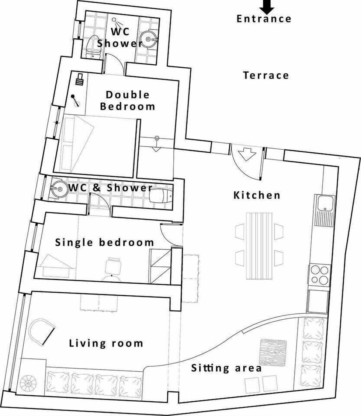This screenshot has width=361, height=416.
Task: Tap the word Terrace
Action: pos(266,75)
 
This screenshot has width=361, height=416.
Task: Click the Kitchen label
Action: pos(257,195)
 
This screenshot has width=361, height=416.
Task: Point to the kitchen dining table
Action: pos(259,246)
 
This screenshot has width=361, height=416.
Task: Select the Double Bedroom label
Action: pos(127,100)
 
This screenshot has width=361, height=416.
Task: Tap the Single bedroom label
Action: pos(105,243)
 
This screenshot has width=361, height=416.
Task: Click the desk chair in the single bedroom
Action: pos(112,267)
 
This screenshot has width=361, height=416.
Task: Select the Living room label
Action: pos(106,343)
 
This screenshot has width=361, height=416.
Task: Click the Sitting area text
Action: pos(226,368)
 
